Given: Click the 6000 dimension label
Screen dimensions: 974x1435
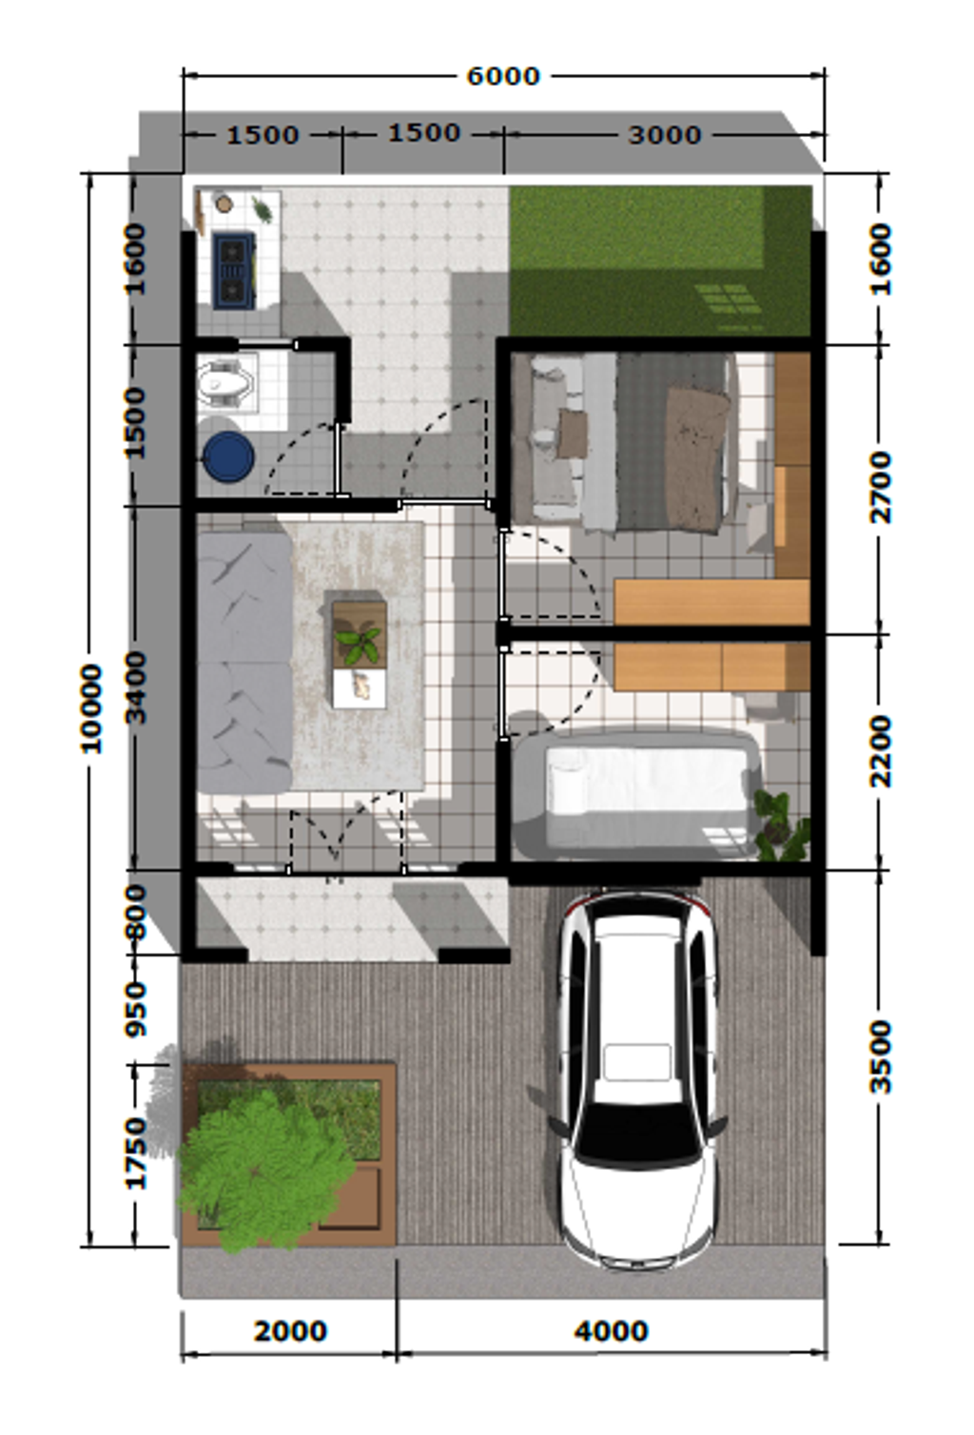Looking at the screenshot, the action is coord(503,76).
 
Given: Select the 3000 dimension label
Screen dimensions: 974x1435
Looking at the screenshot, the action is coord(665,135).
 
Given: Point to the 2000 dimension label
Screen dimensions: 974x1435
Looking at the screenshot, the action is coord(290,1331).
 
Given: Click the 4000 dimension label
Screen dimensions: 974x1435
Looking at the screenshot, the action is coord(611,1331).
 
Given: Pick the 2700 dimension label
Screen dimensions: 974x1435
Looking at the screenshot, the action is coord(881,487).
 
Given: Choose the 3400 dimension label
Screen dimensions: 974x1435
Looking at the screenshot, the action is coord(136,688).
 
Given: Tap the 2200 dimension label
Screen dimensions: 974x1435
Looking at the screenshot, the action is coord(881,751).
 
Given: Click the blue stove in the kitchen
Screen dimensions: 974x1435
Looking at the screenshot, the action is coord(234,271).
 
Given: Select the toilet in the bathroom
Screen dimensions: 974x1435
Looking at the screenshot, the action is coord(224,383).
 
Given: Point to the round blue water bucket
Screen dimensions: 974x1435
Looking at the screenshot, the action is coord(228,456).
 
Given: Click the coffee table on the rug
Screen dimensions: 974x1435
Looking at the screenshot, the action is coord(360,653).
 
